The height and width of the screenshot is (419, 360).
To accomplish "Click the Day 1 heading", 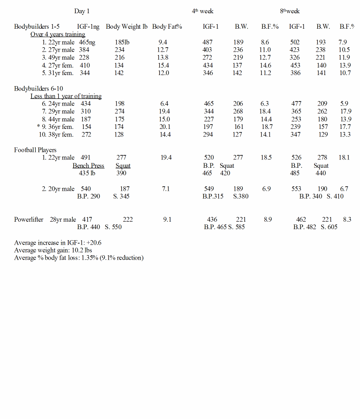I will [x=82, y=11].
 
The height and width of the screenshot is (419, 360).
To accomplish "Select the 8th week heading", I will [x=290, y=11].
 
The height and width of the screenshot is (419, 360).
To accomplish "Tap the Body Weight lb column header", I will [x=127, y=26].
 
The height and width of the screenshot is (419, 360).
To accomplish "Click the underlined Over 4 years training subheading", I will [x=58, y=34].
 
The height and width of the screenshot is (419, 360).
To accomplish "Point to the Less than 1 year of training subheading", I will [x=66, y=96].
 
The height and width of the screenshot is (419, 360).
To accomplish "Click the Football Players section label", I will [x=35, y=150].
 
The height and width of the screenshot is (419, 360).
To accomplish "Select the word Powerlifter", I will [x=29, y=219].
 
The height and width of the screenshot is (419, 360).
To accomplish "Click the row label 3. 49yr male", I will [x=58, y=58].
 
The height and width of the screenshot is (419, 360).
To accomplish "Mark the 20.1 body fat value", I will [x=165, y=127].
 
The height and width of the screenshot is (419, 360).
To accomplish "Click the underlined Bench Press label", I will [x=88, y=166].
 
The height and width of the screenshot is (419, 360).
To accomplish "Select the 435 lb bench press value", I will [x=87, y=173].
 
